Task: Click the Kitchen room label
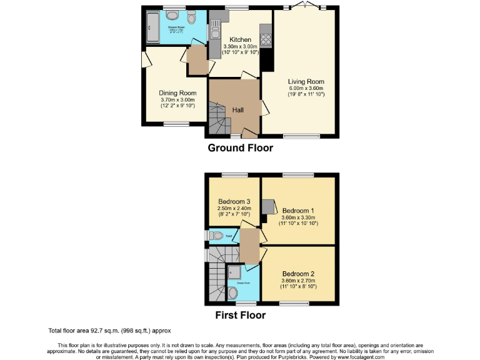click(x=240, y=39)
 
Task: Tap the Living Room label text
click(x=306, y=81)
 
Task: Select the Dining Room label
click(x=177, y=93)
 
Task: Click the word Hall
click(x=238, y=110)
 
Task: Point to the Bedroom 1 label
click(x=298, y=210)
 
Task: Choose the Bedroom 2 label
click(x=298, y=274)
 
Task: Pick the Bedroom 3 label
click(x=232, y=201)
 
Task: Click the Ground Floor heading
click(x=240, y=148)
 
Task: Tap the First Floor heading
click(x=240, y=315)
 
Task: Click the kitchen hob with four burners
click(x=265, y=39)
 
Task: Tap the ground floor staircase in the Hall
click(x=216, y=120)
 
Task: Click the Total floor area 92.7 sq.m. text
click(x=109, y=330)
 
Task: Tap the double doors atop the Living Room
click(x=305, y=6)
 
